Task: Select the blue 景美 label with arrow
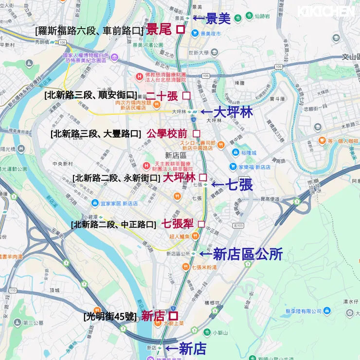[x=212, y=18]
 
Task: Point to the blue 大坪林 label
[x=229, y=112]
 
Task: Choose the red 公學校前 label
[x=166, y=133]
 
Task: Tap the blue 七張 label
[x=232, y=185]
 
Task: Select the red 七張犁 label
[x=177, y=224]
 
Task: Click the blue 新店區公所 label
[x=242, y=254]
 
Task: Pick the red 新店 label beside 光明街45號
[x=153, y=316]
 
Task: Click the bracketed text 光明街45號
[x=110, y=317]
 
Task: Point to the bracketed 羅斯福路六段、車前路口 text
[x=89, y=31]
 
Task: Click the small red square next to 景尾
[x=180, y=30]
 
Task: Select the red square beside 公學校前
[x=197, y=133]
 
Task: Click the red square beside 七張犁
[x=201, y=224]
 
